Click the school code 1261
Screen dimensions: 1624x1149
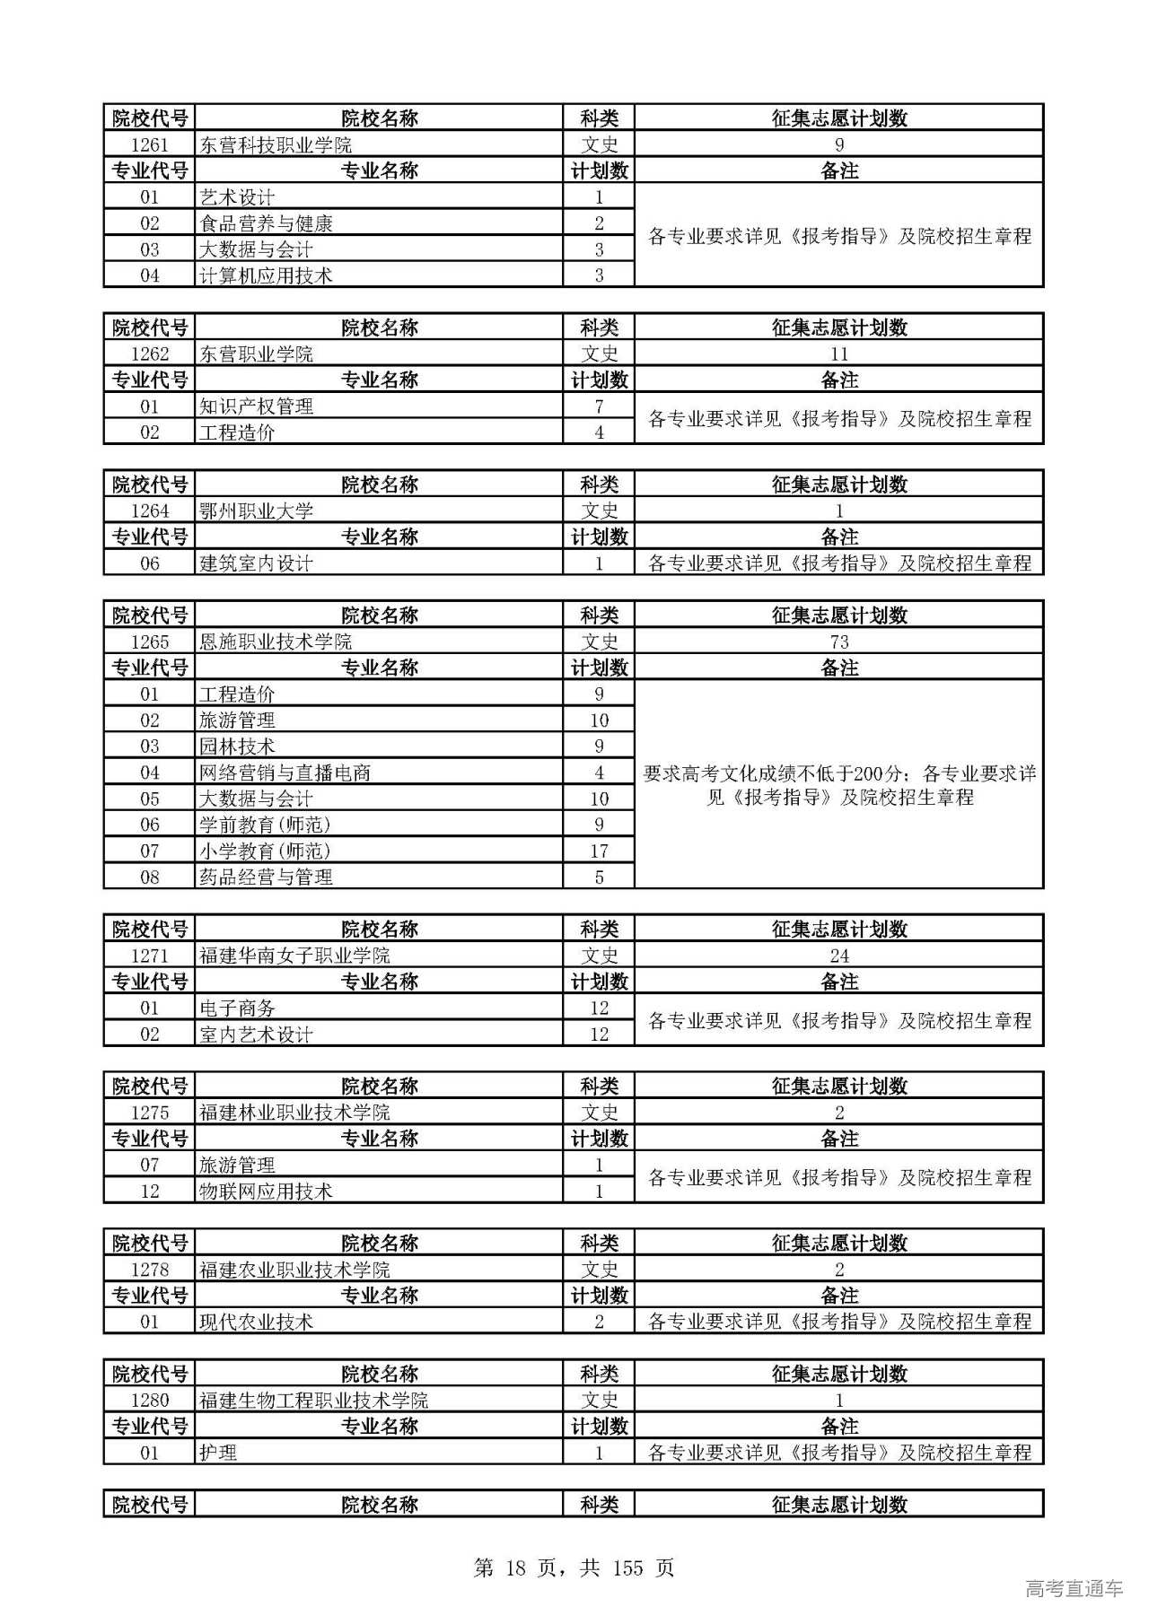click(x=149, y=144)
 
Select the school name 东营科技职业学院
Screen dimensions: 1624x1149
click(x=275, y=144)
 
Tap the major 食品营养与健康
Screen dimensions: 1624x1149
click(x=266, y=223)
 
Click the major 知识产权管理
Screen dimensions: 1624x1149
click(x=256, y=406)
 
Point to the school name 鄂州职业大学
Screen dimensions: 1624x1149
click(x=256, y=511)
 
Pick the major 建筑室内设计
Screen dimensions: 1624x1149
click(x=256, y=563)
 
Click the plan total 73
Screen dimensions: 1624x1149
click(x=838, y=642)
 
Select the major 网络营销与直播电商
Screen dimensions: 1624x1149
click(x=285, y=773)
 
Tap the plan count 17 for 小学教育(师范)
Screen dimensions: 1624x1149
click(x=599, y=851)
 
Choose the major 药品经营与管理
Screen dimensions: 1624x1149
click(x=266, y=877)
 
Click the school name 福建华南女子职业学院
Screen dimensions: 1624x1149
click(x=294, y=956)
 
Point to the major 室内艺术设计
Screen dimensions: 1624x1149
click(x=256, y=1034)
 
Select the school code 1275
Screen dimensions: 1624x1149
click(x=149, y=1113)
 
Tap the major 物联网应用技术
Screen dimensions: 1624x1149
click(x=266, y=1191)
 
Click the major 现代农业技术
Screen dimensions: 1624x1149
click(x=256, y=1322)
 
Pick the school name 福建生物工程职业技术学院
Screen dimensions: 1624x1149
click(x=313, y=1400)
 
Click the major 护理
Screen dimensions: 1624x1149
click(x=218, y=1453)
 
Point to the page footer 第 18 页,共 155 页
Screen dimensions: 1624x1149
click(x=574, y=1567)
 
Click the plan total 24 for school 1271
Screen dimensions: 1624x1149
click(x=838, y=956)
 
